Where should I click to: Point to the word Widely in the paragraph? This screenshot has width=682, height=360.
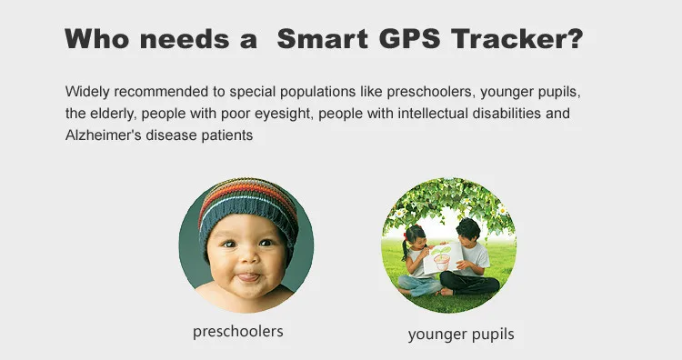point(86,93)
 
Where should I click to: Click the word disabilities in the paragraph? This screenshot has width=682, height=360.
point(508,114)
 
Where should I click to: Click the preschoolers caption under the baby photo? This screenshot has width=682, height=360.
point(238,331)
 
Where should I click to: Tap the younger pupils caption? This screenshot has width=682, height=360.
point(461,334)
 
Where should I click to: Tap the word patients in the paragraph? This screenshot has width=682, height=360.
point(226,135)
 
